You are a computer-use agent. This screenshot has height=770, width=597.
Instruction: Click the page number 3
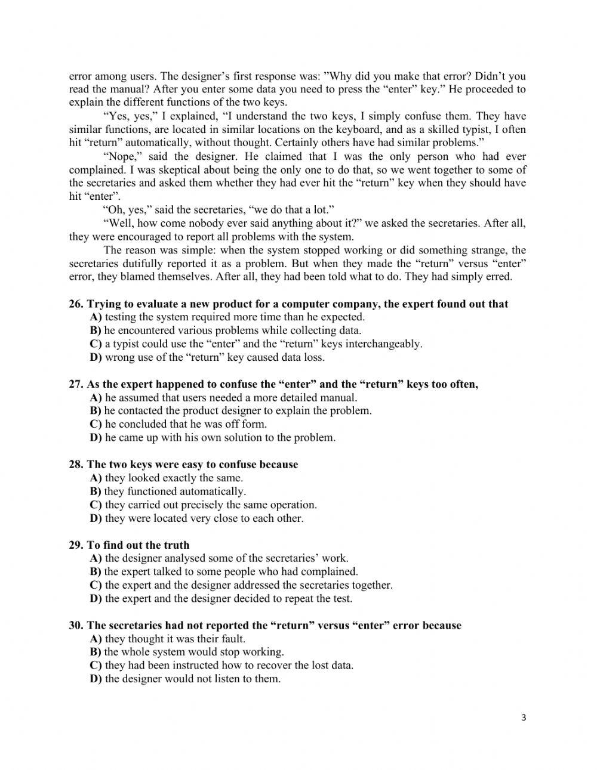tap(524, 718)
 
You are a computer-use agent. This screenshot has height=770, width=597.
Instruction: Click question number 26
tap(76, 304)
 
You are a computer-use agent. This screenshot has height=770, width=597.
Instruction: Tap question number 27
tap(76, 384)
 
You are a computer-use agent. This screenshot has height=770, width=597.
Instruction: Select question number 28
tap(76, 465)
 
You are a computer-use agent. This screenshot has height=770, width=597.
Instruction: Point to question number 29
tap(76, 545)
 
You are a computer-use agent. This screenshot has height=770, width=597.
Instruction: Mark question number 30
tap(76, 626)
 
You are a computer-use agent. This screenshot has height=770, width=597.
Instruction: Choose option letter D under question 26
tap(96, 358)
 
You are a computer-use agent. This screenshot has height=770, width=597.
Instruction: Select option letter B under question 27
tap(96, 411)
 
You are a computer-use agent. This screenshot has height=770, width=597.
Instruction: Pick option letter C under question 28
tap(96, 505)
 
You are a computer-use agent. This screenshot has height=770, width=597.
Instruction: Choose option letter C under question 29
tap(96, 585)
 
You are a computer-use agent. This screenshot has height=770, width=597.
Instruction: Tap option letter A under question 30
tap(96, 639)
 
